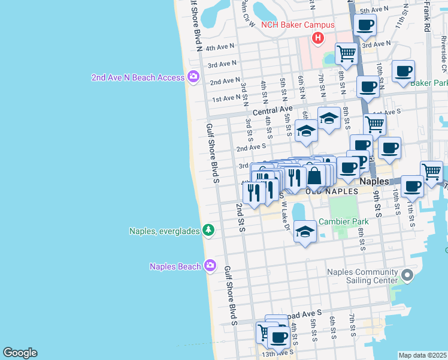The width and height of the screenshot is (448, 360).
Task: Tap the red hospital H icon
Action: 317,39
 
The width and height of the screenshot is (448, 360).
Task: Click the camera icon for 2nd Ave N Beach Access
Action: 193,77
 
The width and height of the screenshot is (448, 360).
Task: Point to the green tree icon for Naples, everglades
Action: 208,230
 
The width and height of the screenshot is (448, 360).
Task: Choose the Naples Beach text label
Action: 175,266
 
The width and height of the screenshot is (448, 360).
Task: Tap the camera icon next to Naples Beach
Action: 210,265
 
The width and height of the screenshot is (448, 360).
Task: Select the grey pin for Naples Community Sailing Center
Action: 407,275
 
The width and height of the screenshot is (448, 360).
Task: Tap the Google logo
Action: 20,353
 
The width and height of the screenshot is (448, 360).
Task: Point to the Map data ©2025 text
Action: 422,355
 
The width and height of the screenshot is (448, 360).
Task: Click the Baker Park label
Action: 429,83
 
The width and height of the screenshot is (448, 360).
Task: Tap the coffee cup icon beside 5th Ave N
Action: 365,25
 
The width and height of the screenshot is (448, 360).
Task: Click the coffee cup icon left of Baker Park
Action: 368,86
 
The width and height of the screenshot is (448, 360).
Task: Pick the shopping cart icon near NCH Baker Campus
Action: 346,53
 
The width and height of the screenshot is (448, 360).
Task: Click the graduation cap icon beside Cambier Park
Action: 305,233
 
